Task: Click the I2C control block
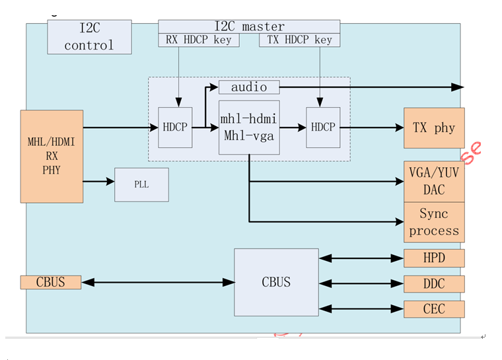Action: [x=89, y=37]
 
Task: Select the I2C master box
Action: [x=249, y=26]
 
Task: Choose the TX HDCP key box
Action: [x=300, y=40]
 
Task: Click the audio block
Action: [x=248, y=87]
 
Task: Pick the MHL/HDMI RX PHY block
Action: [x=52, y=156]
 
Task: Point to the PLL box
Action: [x=141, y=184]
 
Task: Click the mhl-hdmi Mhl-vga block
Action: [x=249, y=127]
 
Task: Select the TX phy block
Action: [x=434, y=128]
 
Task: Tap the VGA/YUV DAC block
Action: [x=434, y=181]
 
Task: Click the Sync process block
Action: [x=434, y=222]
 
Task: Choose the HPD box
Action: [x=434, y=258]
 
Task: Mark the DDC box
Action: [x=434, y=284]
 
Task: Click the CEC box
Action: [x=434, y=309]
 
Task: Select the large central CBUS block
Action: [x=276, y=282]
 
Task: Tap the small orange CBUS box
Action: [x=51, y=282]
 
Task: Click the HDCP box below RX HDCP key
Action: [x=175, y=127]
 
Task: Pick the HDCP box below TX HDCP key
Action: [x=323, y=127]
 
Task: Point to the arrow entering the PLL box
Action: [x=99, y=180]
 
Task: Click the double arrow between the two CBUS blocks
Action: [x=158, y=283]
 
